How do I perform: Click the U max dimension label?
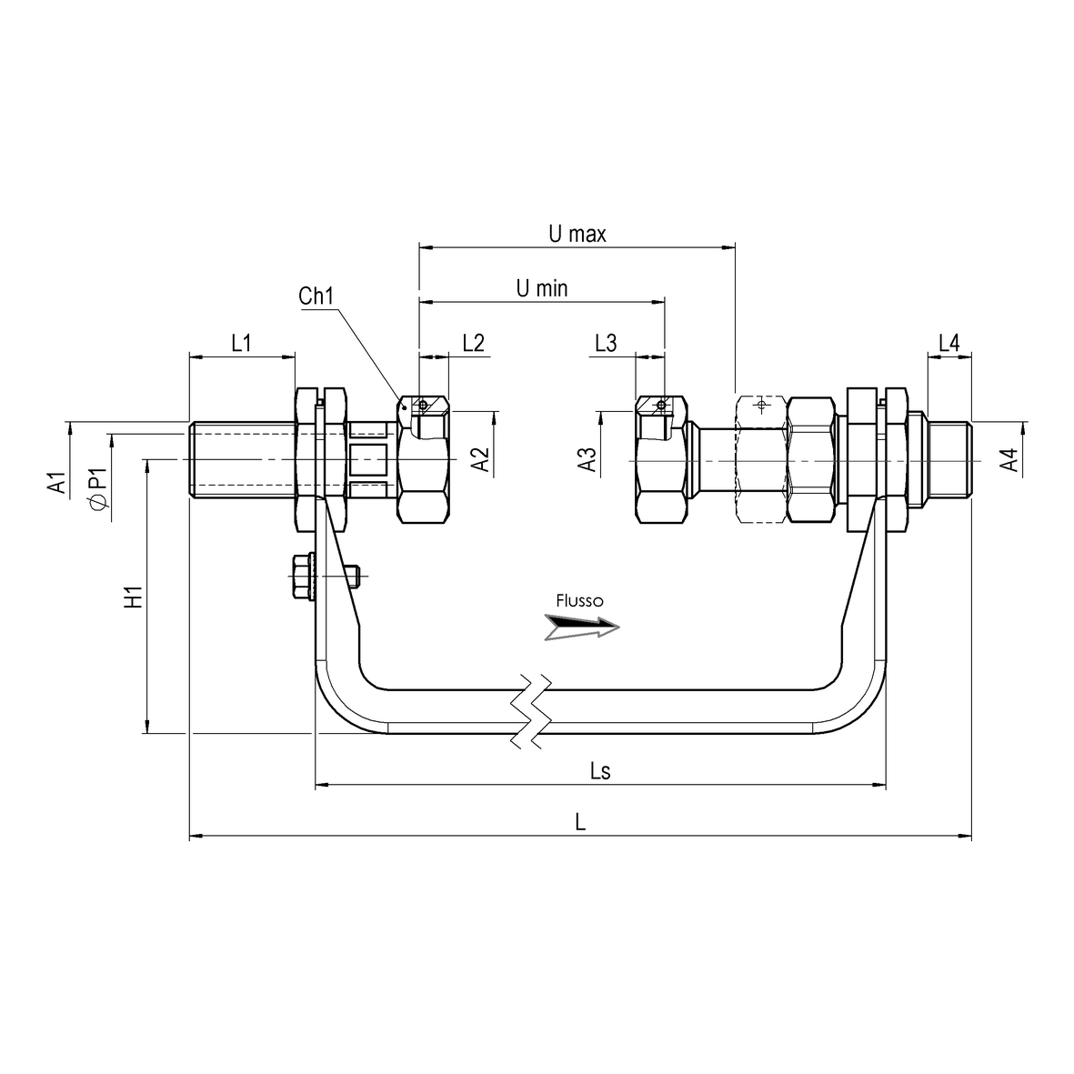point(577,234)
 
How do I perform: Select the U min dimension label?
point(542,289)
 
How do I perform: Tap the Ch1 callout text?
point(316,296)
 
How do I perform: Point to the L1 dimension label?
point(241,343)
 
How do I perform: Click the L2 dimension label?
point(473,343)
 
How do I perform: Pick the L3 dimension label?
point(606,343)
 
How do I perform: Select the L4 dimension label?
point(949,343)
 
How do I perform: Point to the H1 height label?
point(133,597)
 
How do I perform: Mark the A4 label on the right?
point(1007,461)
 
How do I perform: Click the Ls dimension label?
point(599,772)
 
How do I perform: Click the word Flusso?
point(579,601)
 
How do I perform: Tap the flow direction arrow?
point(582,627)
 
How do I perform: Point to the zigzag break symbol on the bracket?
point(529,711)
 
